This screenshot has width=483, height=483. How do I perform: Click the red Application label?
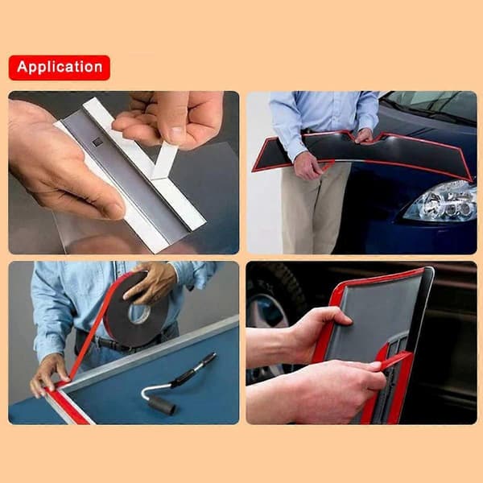(60, 68)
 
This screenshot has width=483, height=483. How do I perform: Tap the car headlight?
(440, 202)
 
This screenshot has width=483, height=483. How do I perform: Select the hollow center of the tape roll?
(139, 313)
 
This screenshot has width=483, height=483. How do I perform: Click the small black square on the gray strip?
(98, 142)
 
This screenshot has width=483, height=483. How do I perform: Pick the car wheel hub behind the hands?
(269, 311)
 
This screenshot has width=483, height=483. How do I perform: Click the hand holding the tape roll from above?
(151, 282)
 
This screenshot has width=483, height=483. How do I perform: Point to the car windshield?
(431, 105)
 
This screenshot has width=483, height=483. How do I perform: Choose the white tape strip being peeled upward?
(163, 160)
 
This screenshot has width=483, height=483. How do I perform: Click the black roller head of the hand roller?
(163, 405)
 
